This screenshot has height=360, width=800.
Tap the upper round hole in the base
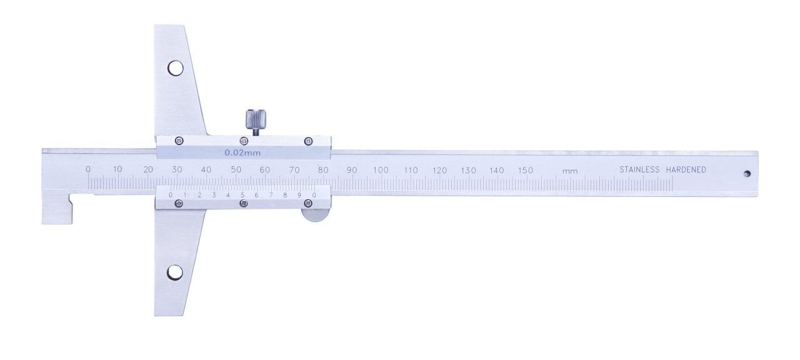(x=175, y=67)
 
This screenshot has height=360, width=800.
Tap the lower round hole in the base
(x=175, y=272)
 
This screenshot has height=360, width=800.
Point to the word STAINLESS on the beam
(x=639, y=169)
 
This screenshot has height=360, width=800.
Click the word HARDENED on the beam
(x=686, y=169)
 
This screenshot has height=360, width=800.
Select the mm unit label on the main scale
(x=569, y=171)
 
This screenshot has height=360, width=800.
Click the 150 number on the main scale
(x=526, y=170)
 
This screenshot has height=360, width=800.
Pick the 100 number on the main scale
(x=381, y=170)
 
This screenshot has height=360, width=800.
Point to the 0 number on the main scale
(x=88, y=169)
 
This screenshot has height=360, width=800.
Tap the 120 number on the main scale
(x=439, y=170)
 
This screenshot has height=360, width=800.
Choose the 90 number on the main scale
(x=352, y=170)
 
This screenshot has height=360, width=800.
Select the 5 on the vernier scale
(x=242, y=195)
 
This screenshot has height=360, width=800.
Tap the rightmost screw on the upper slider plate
(x=308, y=142)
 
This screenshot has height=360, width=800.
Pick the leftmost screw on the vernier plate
(x=179, y=203)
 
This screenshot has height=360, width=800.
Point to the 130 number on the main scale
(x=468, y=170)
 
